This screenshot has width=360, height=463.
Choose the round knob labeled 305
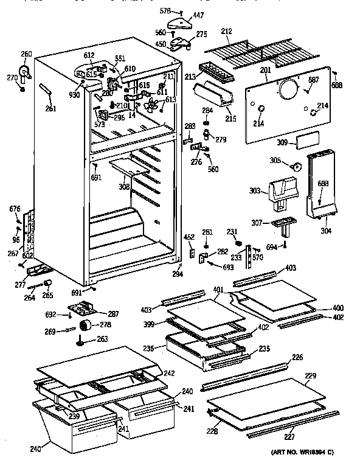296,166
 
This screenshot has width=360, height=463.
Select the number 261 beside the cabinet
51,109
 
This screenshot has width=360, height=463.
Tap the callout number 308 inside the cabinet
124,187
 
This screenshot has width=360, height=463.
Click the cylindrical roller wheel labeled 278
89,324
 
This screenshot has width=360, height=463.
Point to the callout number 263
103,339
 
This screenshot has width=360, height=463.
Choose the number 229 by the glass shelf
310,377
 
